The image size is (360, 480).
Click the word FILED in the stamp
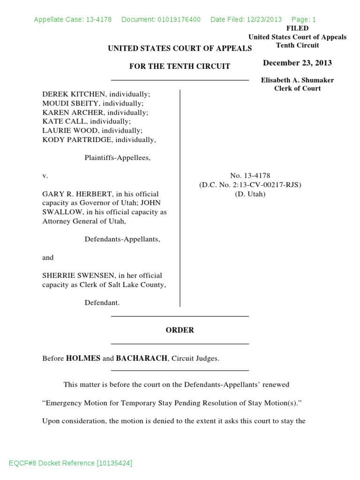pyautogui.click(x=297, y=28)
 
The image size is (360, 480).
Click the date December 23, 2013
pyautogui.click(x=297, y=63)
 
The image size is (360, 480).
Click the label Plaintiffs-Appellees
pyautogui.click(x=117, y=158)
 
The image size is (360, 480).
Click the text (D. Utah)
pyautogui.click(x=250, y=194)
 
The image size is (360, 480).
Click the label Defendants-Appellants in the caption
pyautogui.click(x=122, y=239)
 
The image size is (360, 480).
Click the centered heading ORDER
pyautogui.click(x=180, y=330)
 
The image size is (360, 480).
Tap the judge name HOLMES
pyautogui.click(x=83, y=359)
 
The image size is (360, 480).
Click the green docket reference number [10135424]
pyautogui.click(x=114, y=463)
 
